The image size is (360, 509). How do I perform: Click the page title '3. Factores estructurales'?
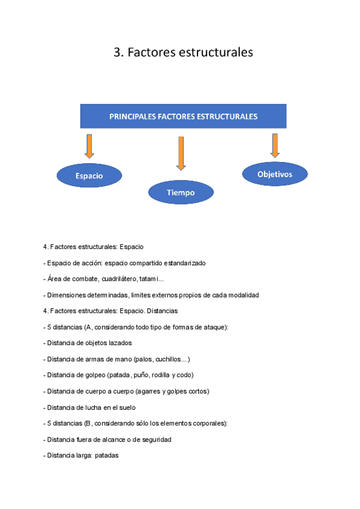click(x=183, y=53)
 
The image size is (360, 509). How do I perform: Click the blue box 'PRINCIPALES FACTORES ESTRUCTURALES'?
click(x=183, y=116)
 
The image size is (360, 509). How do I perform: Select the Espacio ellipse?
click(x=89, y=176)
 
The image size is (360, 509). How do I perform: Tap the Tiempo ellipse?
click(x=181, y=193)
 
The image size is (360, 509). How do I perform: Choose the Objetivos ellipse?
click(x=275, y=174)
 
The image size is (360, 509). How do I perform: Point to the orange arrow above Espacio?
click(x=89, y=146)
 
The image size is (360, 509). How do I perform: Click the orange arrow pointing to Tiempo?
click(x=181, y=153)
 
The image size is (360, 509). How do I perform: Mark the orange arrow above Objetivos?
click(x=275, y=145)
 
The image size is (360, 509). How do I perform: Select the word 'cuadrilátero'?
click(x=118, y=279)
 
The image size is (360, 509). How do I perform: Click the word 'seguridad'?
click(x=155, y=439)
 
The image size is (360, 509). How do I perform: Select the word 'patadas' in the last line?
click(x=107, y=456)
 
